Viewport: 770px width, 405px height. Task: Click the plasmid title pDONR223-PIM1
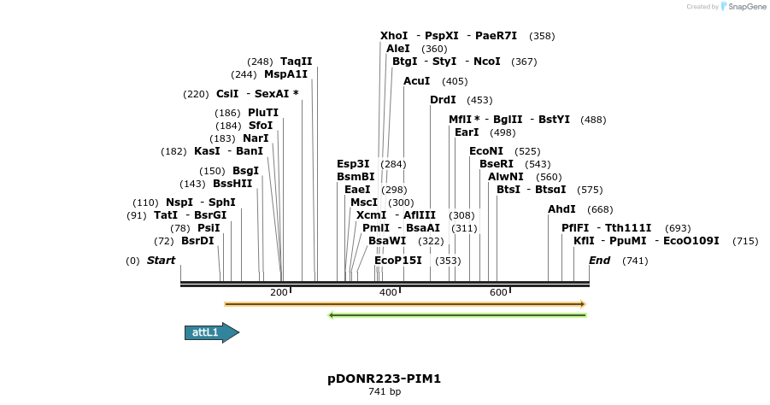point(384,378)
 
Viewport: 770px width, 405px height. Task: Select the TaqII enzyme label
point(297,62)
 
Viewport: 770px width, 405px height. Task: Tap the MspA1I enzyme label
point(285,74)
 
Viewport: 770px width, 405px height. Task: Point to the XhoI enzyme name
point(395,36)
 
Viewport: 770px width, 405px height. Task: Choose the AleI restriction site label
point(398,49)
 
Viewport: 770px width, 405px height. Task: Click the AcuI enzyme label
point(417,81)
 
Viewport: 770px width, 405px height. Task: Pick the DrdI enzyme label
point(443,100)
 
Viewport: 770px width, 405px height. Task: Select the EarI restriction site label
point(467,132)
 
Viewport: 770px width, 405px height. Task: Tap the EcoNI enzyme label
point(486,151)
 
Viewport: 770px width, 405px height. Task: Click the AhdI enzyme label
point(561,209)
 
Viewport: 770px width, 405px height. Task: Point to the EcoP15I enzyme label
point(398,261)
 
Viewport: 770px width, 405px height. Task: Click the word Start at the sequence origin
point(161,261)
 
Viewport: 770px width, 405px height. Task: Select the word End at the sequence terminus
point(599,261)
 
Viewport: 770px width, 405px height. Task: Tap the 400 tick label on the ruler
point(388,293)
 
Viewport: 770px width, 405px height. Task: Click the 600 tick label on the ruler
point(498,293)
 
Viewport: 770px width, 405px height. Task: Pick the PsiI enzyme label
point(209,228)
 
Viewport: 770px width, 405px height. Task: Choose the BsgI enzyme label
point(245,171)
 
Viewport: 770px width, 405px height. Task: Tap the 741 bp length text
point(384,392)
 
